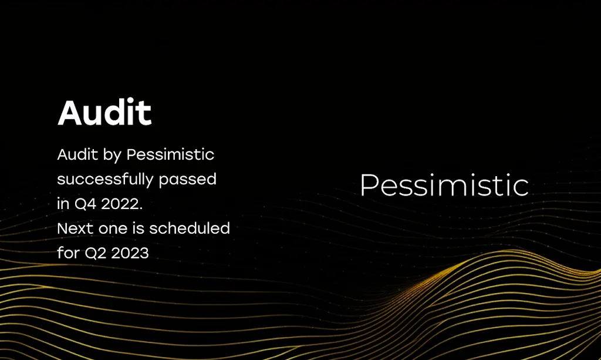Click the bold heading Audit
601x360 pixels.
(x=104, y=113)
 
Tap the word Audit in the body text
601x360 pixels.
(x=74, y=155)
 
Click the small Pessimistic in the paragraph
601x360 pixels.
(x=170, y=155)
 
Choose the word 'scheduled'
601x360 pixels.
(x=189, y=228)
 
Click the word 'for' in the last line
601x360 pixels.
(x=67, y=253)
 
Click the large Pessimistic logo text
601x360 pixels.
(x=444, y=186)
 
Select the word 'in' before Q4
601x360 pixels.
(x=63, y=204)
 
